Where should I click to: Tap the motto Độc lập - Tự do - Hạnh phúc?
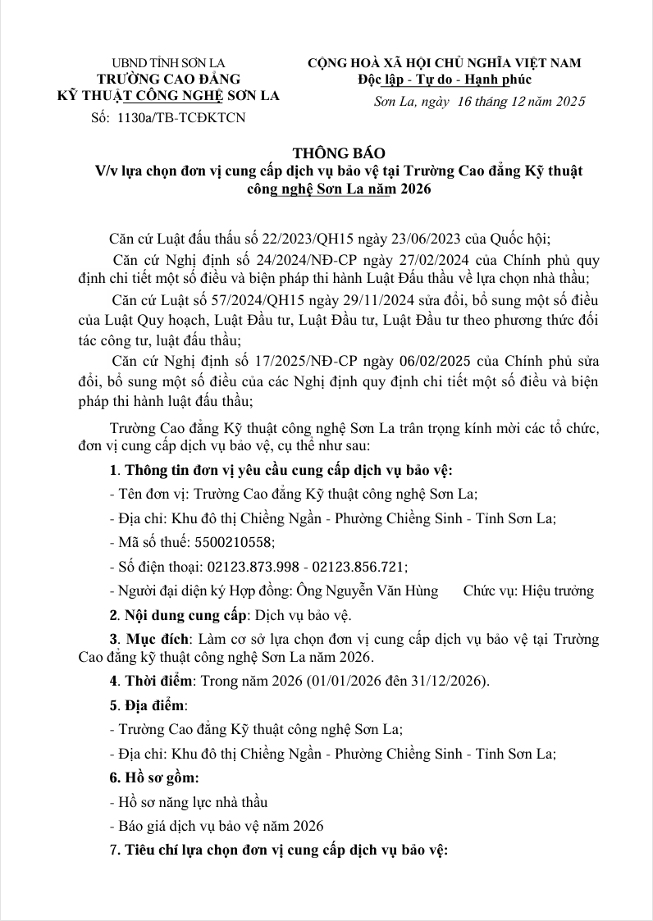(445, 80)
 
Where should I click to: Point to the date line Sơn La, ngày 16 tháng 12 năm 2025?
(479, 102)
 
